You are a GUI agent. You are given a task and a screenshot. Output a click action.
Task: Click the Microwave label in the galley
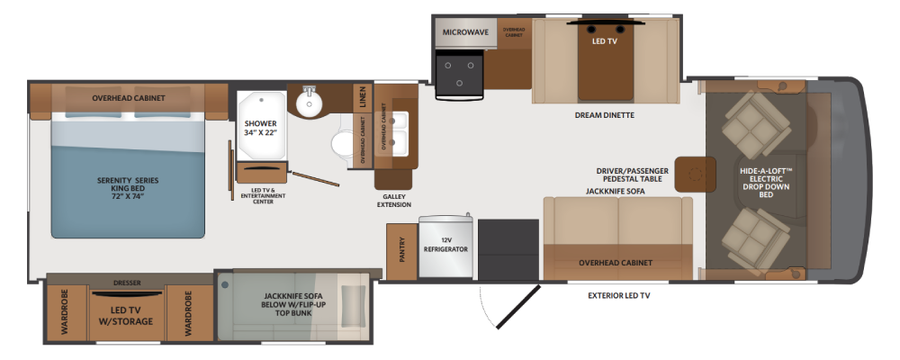tap(465, 32)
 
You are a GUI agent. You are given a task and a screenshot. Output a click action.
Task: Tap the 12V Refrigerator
tap(445, 247)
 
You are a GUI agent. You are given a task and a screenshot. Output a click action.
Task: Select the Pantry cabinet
tap(401, 251)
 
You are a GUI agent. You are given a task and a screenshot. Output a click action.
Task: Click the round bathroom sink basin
tap(310, 103)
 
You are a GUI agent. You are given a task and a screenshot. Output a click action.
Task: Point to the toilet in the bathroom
tap(343, 143)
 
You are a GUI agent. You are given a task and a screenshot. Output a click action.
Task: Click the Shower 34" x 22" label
tap(261, 129)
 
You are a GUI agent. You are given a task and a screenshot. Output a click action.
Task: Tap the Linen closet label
tap(362, 97)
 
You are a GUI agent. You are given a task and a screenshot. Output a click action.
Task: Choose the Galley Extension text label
tap(394, 201)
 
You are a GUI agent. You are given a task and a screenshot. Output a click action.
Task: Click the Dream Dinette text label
tap(605, 115)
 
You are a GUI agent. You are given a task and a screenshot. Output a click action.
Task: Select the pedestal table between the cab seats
tap(695, 174)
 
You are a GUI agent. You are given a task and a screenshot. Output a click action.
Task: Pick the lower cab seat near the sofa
tap(755, 240)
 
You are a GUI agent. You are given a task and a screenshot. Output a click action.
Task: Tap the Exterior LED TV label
tap(619, 296)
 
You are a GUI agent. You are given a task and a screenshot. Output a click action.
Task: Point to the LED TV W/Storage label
tap(128, 317)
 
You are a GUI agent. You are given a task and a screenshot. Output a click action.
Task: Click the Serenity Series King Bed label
tap(128, 188)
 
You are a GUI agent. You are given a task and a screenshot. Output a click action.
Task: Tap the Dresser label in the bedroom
tap(128, 283)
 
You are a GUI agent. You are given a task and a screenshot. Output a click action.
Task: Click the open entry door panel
tap(517, 307)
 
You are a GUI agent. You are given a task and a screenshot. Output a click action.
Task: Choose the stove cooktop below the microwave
tap(459, 74)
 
